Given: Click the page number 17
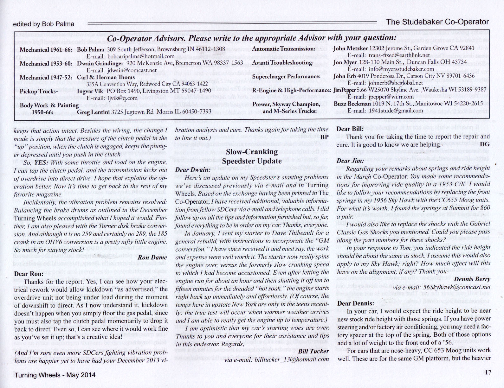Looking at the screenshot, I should pos(488,372).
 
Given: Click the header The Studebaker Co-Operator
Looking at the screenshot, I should pos(437,22).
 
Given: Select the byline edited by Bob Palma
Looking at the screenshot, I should pos(43,24).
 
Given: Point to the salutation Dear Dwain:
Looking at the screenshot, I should pos(193,169).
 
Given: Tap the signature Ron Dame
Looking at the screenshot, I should pos(152,258).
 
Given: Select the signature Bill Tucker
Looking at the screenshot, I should pos(313,351).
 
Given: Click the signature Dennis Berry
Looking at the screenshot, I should pos(472,279).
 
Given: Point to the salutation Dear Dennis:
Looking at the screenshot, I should pos(355,303).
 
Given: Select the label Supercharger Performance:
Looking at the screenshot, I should pos(286,77).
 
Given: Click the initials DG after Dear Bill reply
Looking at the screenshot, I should pos(485,144).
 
